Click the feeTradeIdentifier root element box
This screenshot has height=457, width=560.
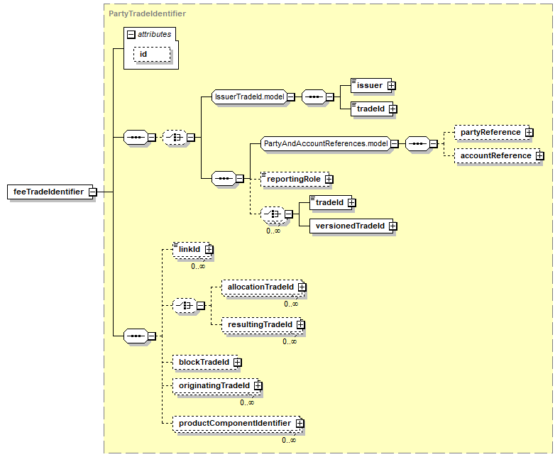pyautogui.click(x=50, y=192)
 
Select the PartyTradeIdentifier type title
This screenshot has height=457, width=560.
pyautogui.click(x=147, y=13)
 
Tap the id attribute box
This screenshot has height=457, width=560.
pyautogui.click(x=152, y=54)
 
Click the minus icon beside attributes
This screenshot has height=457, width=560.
pyautogui.click(x=131, y=34)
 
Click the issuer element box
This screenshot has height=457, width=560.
pyautogui.click(x=371, y=86)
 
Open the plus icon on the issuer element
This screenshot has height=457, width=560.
pyautogui.click(x=391, y=86)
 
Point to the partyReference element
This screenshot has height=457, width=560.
pyautogui.click(x=492, y=133)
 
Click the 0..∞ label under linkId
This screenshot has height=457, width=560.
pyautogui.click(x=198, y=266)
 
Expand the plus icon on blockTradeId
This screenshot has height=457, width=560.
pyautogui.click(x=238, y=363)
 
